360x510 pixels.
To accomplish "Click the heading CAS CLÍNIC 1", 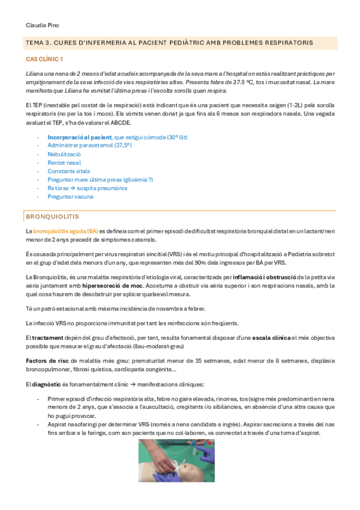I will pyautogui.click(x=44, y=59).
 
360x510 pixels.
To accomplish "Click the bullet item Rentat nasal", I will pyautogui.click(x=64, y=162).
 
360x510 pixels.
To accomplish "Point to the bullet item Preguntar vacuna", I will pyautogui.click(x=70, y=196).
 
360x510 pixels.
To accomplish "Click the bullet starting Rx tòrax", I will pyautogui.click(x=87, y=188).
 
